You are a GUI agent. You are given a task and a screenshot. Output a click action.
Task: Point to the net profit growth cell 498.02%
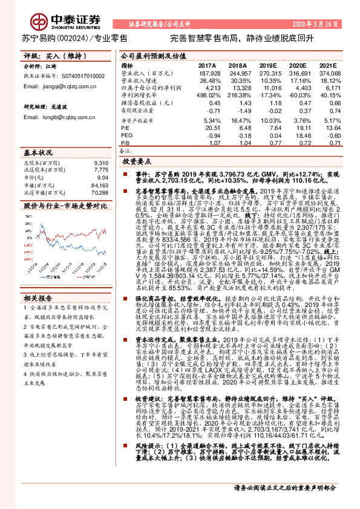point(208,95)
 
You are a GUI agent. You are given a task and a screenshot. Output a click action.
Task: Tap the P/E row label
point(126,129)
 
